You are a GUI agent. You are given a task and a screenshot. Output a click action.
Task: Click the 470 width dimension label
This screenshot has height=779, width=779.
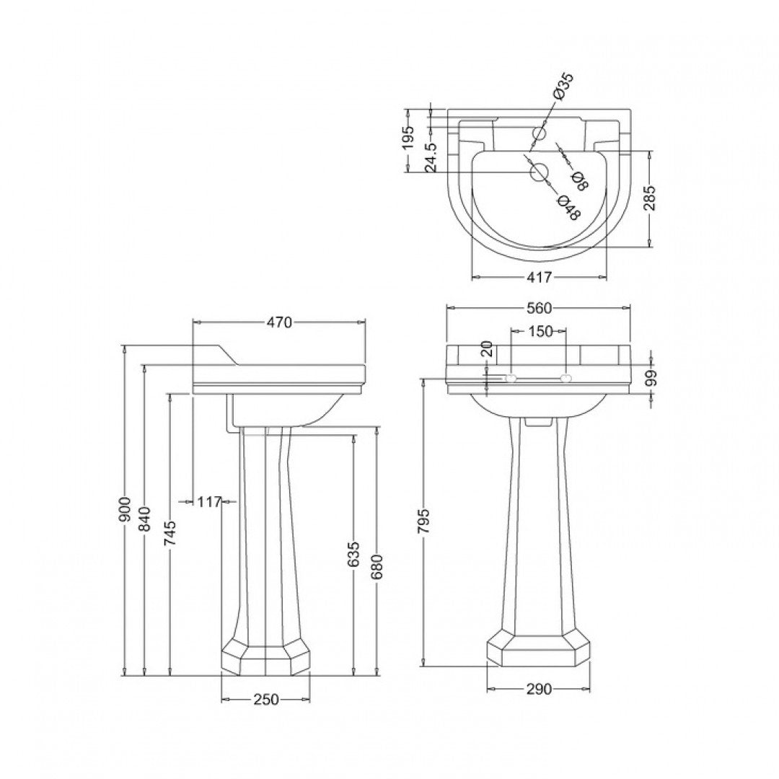[x=278, y=323]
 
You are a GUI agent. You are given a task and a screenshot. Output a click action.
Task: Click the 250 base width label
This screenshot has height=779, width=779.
[x=265, y=700]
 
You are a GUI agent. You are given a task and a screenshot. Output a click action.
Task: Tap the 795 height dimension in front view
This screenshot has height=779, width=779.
[x=424, y=521]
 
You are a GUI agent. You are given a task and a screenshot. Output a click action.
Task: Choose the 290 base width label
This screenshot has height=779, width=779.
[x=538, y=690]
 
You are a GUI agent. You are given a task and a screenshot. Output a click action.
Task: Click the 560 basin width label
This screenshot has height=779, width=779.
[x=539, y=309]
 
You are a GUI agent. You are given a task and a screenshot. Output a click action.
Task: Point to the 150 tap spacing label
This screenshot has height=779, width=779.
[x=539, y=331]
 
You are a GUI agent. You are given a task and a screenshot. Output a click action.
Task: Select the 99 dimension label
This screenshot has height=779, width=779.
[x=651, y=378]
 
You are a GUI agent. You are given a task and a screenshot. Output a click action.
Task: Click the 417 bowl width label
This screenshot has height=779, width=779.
[x=539, y=277]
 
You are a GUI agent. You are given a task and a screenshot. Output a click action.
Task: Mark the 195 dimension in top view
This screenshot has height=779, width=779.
[x=408, y=136]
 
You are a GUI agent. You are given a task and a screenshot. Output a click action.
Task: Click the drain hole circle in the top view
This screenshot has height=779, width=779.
[x=539, y=172]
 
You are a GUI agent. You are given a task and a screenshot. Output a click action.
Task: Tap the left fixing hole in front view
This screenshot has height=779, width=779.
[x=511, y=378]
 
